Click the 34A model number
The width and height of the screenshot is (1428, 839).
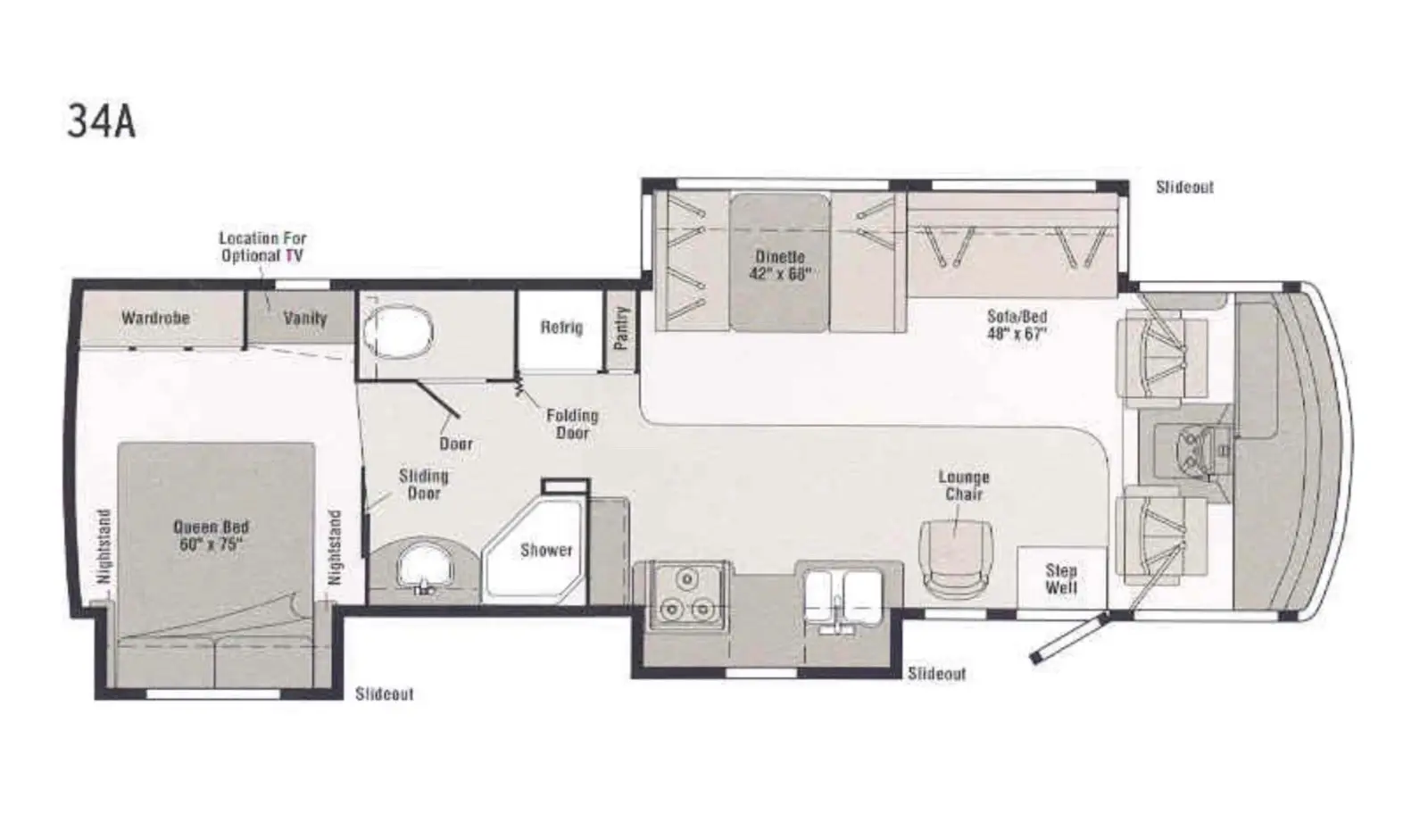pos(102,121)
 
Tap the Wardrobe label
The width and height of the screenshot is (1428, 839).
pos(155,318)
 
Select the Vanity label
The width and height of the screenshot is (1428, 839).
pos(304,318)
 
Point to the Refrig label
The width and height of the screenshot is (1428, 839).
pos(561,327)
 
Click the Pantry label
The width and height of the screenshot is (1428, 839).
pos(621,328)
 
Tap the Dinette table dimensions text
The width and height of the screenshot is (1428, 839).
pos(780,274)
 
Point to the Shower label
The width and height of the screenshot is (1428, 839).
pos(546,550)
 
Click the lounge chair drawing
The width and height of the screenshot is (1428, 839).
pos(954,559)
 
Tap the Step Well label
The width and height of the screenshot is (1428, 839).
pos(1061,579)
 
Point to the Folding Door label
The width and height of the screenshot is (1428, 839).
pos(572,424)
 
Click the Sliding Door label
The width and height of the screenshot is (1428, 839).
pos(424,485)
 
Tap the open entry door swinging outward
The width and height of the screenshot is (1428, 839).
pos(1070,638)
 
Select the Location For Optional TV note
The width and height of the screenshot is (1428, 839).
pos(262,246)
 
